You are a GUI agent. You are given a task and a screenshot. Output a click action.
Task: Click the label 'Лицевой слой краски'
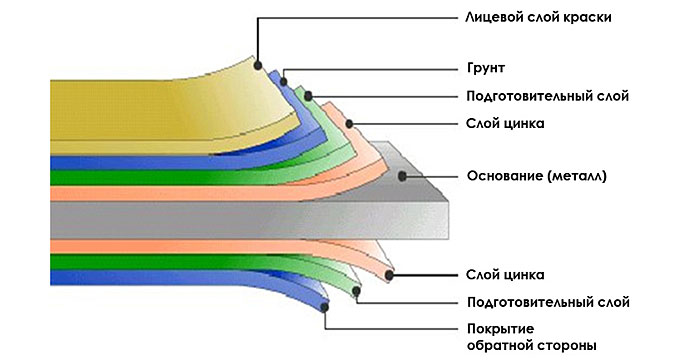pyautogui.click(x=538, y=17)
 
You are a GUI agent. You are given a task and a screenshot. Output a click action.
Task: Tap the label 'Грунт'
pyautogui.click(x=486, y=68)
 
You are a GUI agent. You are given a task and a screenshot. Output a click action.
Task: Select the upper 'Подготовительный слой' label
pyautogui.click(x=547, y=96)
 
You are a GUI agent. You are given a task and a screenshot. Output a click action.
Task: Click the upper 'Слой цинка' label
pyautogui.click(x=505, y=123)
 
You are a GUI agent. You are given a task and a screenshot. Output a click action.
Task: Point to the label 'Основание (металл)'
pyautogui.click(x=537, y=176)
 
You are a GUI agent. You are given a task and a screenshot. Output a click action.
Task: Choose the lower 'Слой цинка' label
pyautogui.click(x=505, y=274)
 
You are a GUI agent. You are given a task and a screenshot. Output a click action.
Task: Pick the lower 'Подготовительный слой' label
pyautogui.click(x=548, y=302)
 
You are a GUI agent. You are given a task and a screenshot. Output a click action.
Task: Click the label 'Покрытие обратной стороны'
pyautogui.click(x=532, y=337)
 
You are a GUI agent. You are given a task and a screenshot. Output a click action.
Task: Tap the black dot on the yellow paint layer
pyautogui.click(x=258, y=65)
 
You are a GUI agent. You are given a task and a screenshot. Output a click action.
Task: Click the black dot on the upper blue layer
pyautogui.click(x=283, y=82)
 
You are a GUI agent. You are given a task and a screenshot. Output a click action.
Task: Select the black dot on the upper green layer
pyautogui.click(x=308, y=96)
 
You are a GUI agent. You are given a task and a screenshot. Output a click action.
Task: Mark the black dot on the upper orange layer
pyautogui.click(x=350, y=123)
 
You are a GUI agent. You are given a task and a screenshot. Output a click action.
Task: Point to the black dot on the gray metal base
pyautogui.click(x=402, y=176)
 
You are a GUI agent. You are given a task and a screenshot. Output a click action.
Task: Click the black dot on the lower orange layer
pyautogui.click(x=389, y=275)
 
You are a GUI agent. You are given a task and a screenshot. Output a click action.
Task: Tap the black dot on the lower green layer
pyautogui.click(x=356, y=292)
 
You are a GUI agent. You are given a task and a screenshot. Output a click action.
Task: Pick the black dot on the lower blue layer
pyautogui.click(x=325, y=307)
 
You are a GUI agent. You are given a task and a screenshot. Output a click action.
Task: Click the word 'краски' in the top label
pyautogui.click(x=587, y=17)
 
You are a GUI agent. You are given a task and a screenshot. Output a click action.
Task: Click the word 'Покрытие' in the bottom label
pyautogui.click(x=500, y=329)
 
